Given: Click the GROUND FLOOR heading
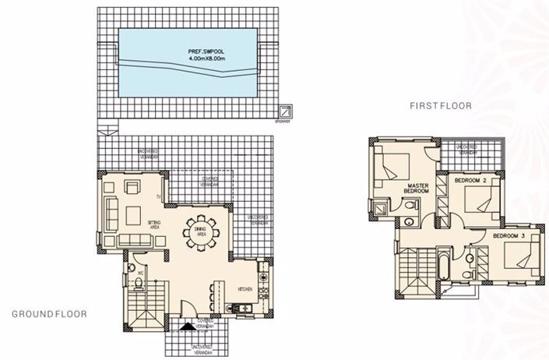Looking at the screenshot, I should [49, 314].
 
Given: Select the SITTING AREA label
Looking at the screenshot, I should [153, 227].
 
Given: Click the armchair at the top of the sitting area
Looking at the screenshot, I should [133, 188].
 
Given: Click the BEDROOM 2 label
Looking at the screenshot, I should [470, 180].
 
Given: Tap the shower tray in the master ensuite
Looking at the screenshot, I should [381, 208].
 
